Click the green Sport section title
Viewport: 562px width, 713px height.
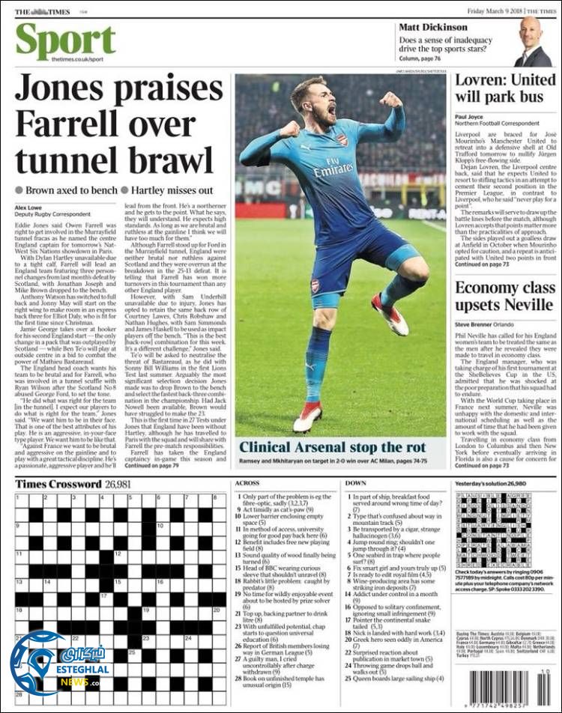(65, 42)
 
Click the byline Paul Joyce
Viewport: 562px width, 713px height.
(469, 117)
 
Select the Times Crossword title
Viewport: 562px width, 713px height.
(58, 484)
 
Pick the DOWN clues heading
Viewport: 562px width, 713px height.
(356, 484)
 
